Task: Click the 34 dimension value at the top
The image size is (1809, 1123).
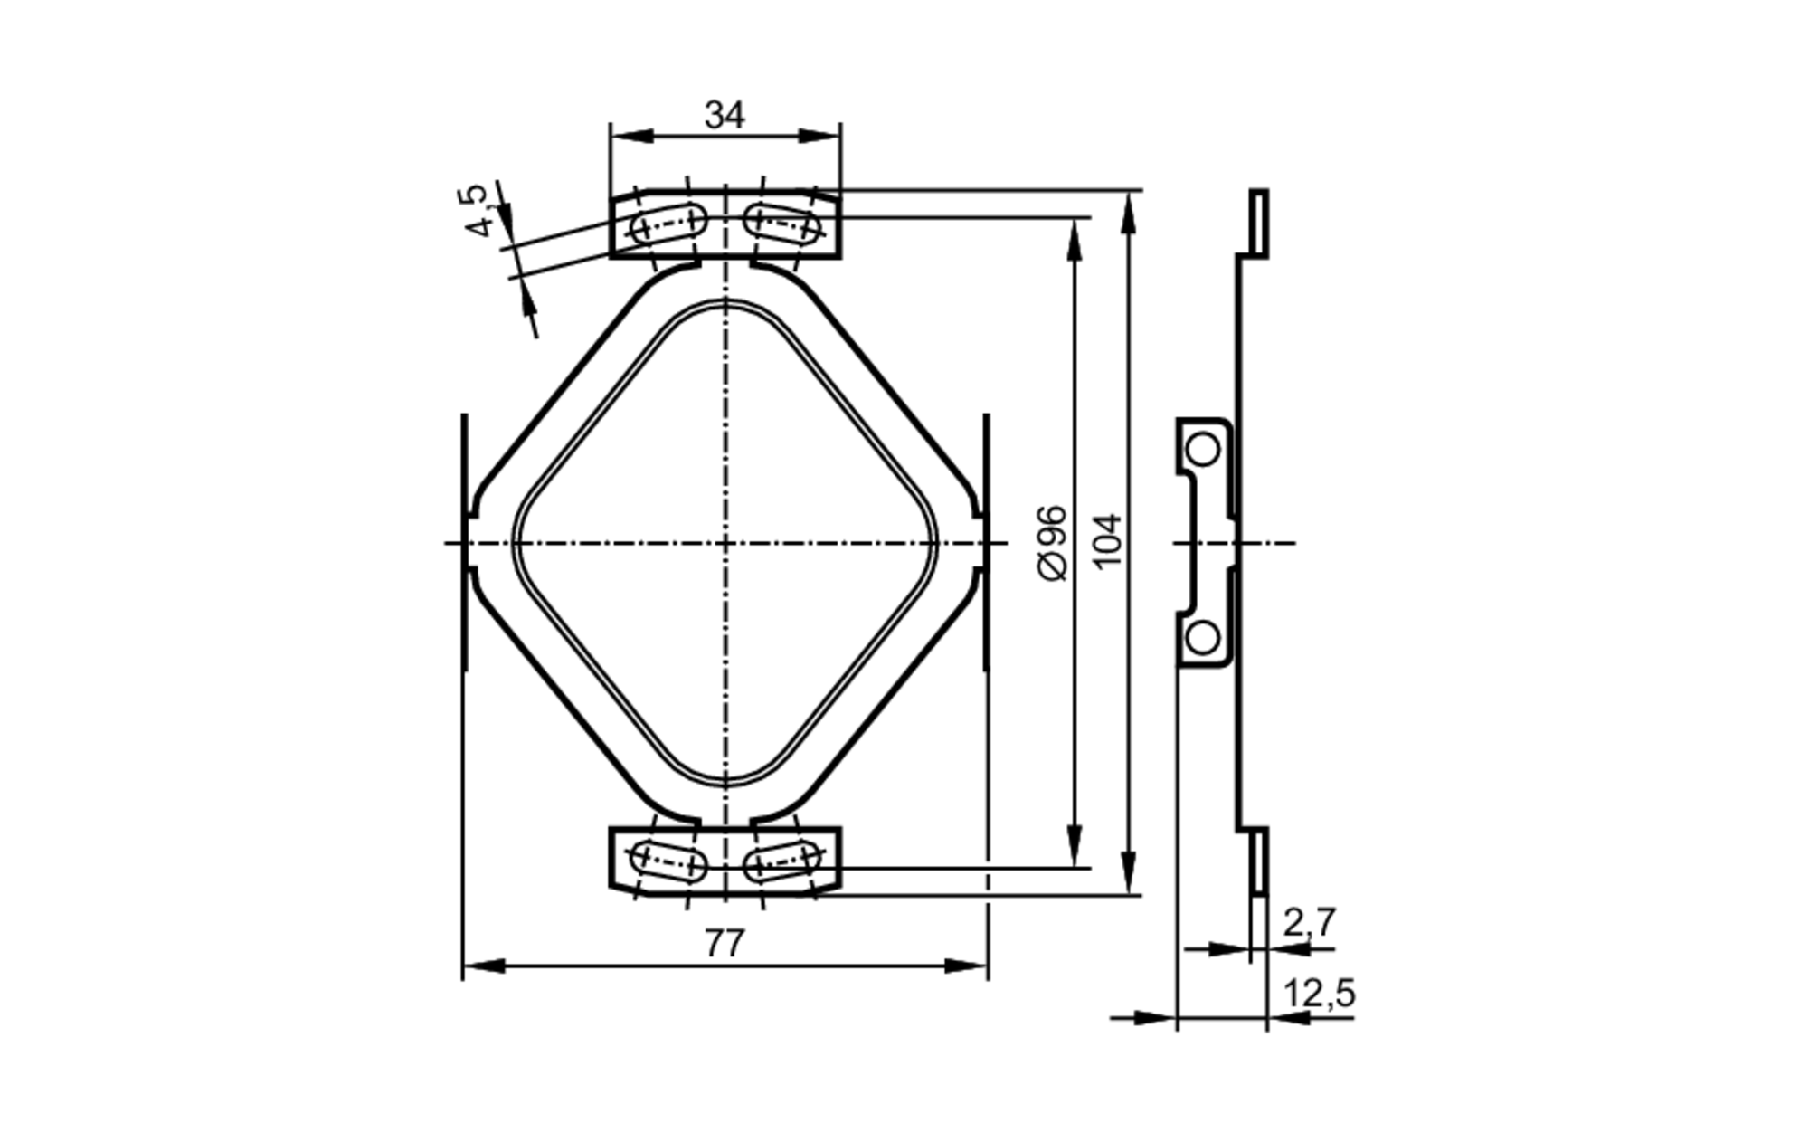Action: pyautogui.click(x=725, y=116)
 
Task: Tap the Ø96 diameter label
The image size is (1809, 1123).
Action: pyautogui.click(x=1052, y=543)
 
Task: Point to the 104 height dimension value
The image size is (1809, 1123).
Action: pyautogui.click(x=1107, y=541)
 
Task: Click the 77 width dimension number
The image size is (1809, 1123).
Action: pyautogui.click(x=725, y=944)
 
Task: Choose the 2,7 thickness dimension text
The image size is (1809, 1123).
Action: pyautogui.click(x=1309, y=922)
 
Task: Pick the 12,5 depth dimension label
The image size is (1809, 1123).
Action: pyautogui.click(x=1319, y=994)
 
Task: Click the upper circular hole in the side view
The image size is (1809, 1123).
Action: pyautogui.click(x=1202, y=449)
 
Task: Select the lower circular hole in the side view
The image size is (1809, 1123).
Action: pyautogui.click(x=1202, y=638)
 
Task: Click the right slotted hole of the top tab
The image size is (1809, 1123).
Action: pyautogui.click(x=783, y=223)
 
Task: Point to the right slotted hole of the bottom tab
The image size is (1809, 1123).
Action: pyautogui.click(x=783, y=861)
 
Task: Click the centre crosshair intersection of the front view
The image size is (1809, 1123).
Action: pyautogui.click(x=725, y=543)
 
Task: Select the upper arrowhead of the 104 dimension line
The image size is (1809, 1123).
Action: pyautogui.click(x=1128, y=205)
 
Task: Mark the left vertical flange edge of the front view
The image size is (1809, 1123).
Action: pyautogui.click(x=465, y=543)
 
